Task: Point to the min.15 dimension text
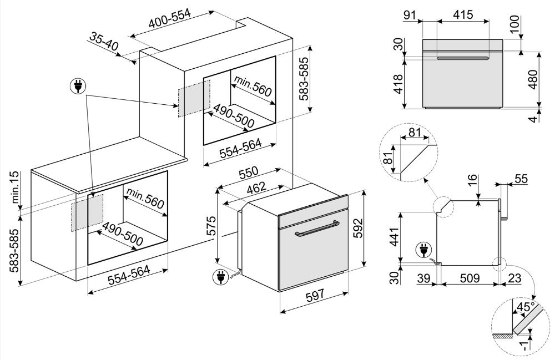[15, 188]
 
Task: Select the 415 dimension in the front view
[462, 15]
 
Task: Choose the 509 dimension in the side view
[470, 279]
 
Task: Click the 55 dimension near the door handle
[521, 179]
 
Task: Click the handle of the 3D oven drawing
[316, 228]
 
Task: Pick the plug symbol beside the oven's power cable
[220, 276]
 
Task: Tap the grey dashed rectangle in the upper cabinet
[194, 98]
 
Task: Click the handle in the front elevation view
[462, 58]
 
